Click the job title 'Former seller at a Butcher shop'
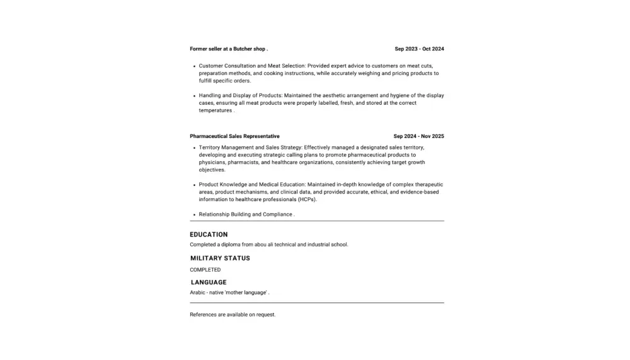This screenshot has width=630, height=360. pos(228,49)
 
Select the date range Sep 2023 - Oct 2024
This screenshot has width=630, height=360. pos(419,49)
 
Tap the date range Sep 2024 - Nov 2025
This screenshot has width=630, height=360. pos(418,136)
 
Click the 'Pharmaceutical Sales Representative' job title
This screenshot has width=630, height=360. pos(234,136)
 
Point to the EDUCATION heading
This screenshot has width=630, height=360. pos(209,235)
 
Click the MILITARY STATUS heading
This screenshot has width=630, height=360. pos(220,258)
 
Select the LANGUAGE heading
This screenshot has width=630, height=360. pos(209,282)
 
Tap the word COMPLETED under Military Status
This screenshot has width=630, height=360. pos(205,270)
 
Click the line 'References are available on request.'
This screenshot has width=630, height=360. pos(232,315)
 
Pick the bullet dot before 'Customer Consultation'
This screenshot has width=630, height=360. pos(195,66)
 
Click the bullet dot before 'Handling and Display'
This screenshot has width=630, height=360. pos(195,96)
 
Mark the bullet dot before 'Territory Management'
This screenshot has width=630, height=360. pos(195,148)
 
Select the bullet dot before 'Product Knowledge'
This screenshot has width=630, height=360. pos(195,185)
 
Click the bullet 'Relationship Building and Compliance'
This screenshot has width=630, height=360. pos(246,214)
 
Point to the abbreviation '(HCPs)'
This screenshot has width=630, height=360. pos(307,200)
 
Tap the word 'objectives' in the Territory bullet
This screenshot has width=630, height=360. pos(212,170)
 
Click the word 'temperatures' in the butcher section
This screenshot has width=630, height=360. pos(215,111)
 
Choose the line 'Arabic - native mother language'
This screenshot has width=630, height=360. pos(229,293)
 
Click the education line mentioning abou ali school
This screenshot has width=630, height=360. pos(268,245)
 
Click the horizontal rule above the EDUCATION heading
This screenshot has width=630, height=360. pos(317,221)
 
